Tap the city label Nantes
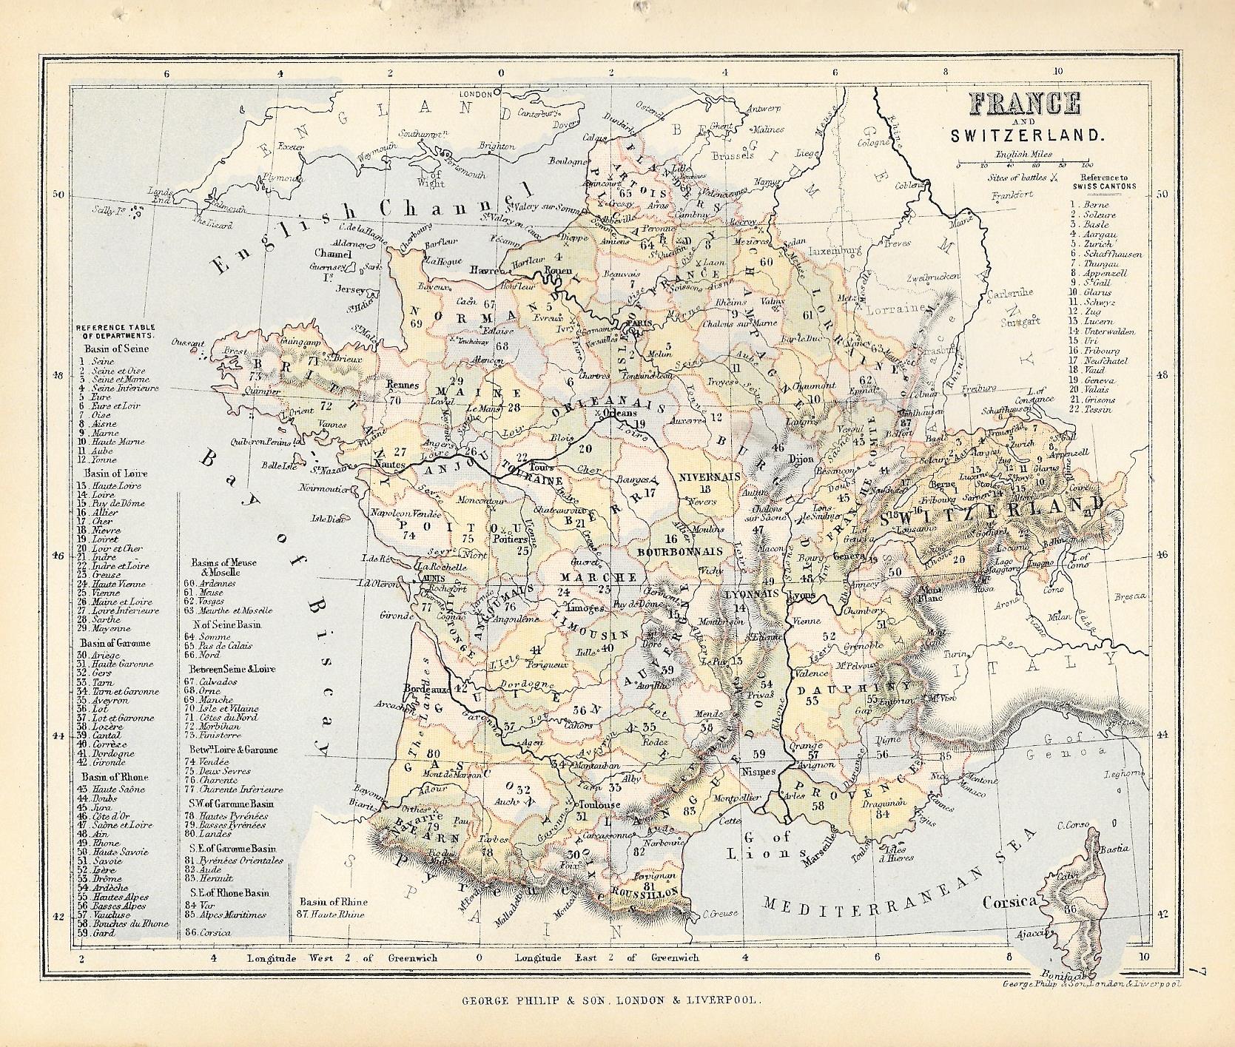pos(391,463)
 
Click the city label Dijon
pos(801,459)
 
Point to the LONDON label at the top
pos(497,95)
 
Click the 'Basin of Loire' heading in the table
pos(117,474)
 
